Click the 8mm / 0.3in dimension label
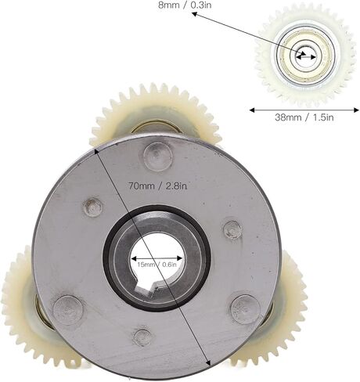coord(185,5)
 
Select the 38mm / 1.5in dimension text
coord(304,117)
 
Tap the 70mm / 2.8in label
coord(157,186)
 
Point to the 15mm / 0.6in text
coord(157,265)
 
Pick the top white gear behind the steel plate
coord(156,114)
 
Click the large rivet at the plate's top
coord(158,157)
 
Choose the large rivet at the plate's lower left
coord(67,310)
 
